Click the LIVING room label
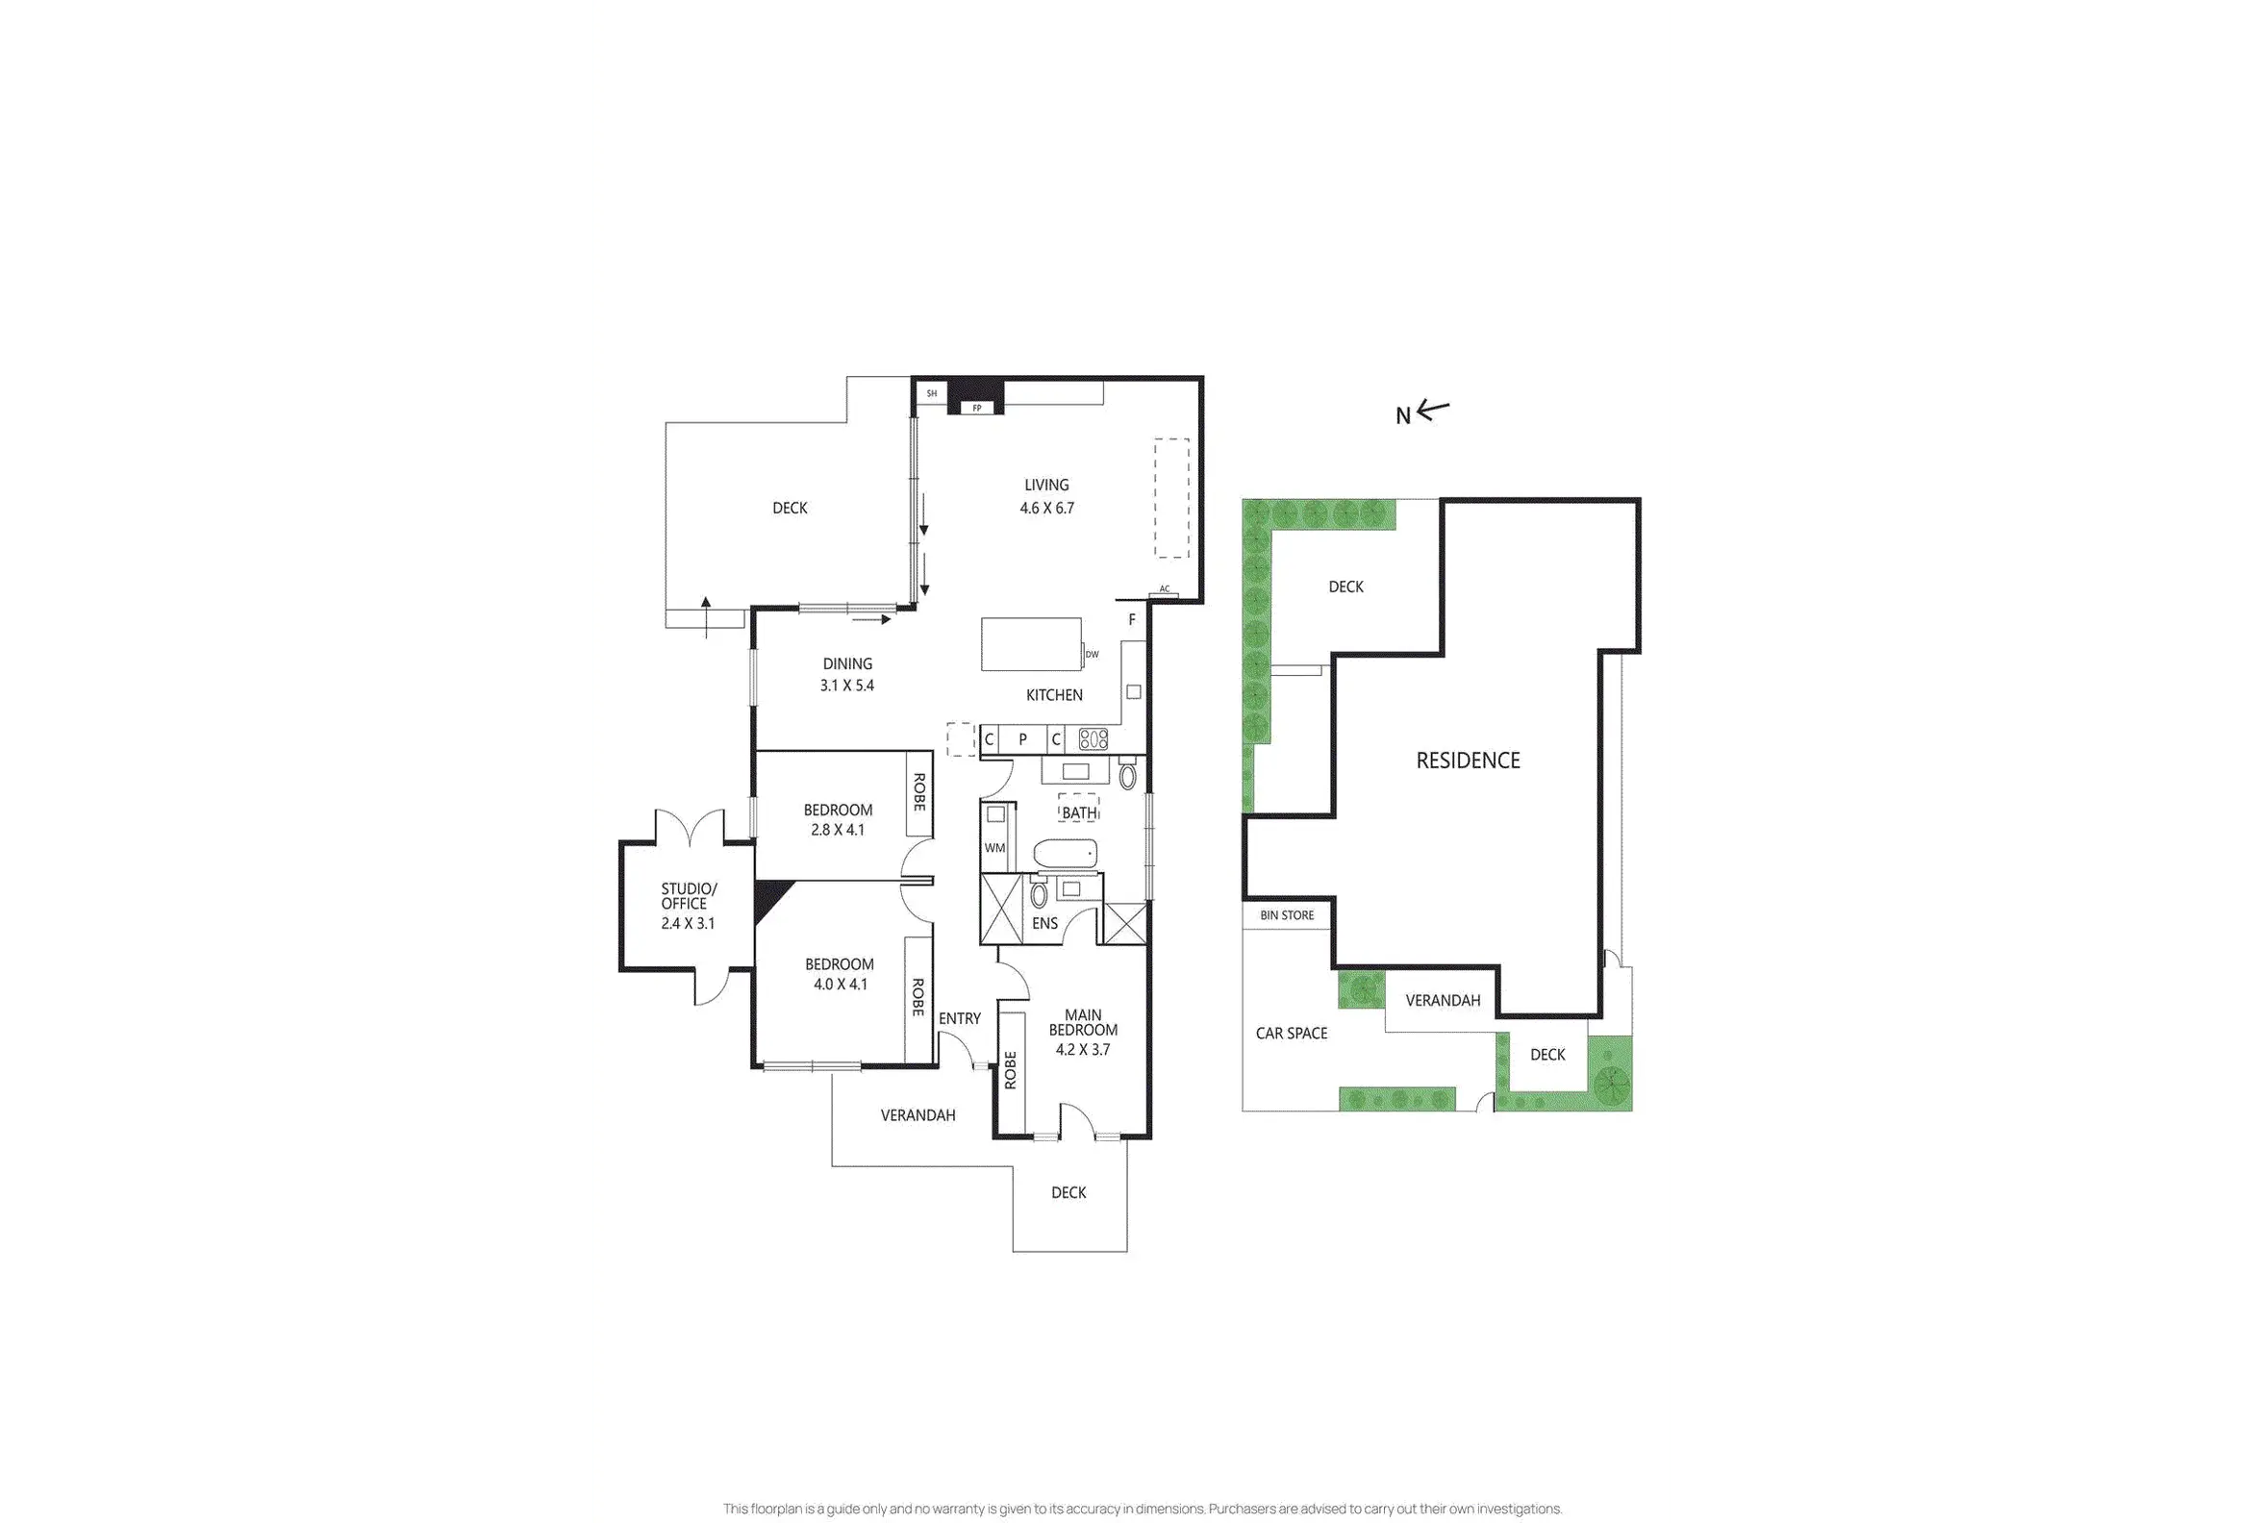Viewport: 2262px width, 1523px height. (1046, 485)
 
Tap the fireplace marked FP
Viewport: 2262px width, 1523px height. (976, 408)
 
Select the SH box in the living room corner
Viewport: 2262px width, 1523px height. (932, 393)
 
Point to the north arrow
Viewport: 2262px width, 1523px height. (1432, 410)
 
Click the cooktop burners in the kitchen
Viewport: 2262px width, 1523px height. (1093, 739)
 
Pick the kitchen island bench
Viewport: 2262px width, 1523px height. (1031, 644)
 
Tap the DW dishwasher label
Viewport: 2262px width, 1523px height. (1093, 655)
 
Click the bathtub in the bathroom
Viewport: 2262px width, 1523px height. (1065, 854)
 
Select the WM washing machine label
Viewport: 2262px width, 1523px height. (995, 848)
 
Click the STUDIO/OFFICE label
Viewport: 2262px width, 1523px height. (688, 895)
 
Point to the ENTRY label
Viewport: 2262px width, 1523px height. (960, 1018)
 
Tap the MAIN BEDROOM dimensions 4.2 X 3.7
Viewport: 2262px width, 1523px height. (1082, 1049)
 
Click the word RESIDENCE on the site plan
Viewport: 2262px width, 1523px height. (1468, 761)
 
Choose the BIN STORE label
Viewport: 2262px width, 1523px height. (1287, 915)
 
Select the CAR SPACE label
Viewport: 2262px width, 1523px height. (1292, 1034)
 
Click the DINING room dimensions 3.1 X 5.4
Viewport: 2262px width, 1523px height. (846, 686)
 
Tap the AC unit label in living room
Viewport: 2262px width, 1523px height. (1164, 589)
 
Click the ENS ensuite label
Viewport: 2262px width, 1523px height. (1044, 924)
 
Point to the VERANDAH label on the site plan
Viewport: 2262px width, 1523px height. (1443, 1001)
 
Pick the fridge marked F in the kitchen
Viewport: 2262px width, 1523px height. (1132, 620)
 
